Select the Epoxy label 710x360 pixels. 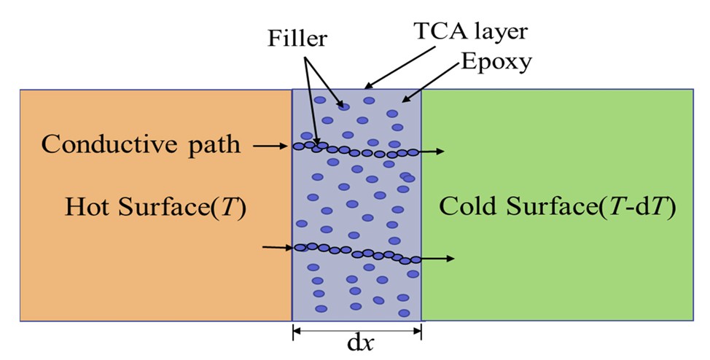[496, 63]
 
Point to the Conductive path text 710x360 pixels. [141, 144]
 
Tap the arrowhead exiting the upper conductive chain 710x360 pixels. [440, 152]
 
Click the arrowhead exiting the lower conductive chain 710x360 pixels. [451, 259]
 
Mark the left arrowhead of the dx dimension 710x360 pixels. [296, 331]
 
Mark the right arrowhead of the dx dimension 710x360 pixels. [418, 331]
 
